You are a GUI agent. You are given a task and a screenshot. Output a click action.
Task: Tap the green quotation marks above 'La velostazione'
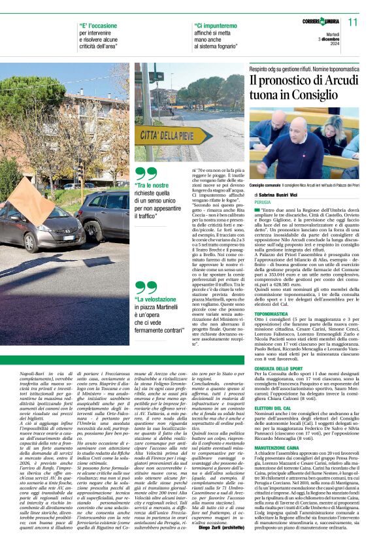tap(146, 288)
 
